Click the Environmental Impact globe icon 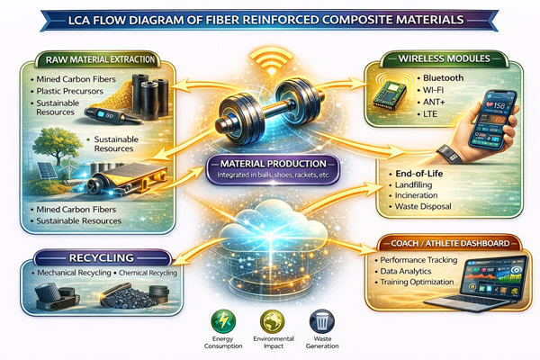point(271,319)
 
